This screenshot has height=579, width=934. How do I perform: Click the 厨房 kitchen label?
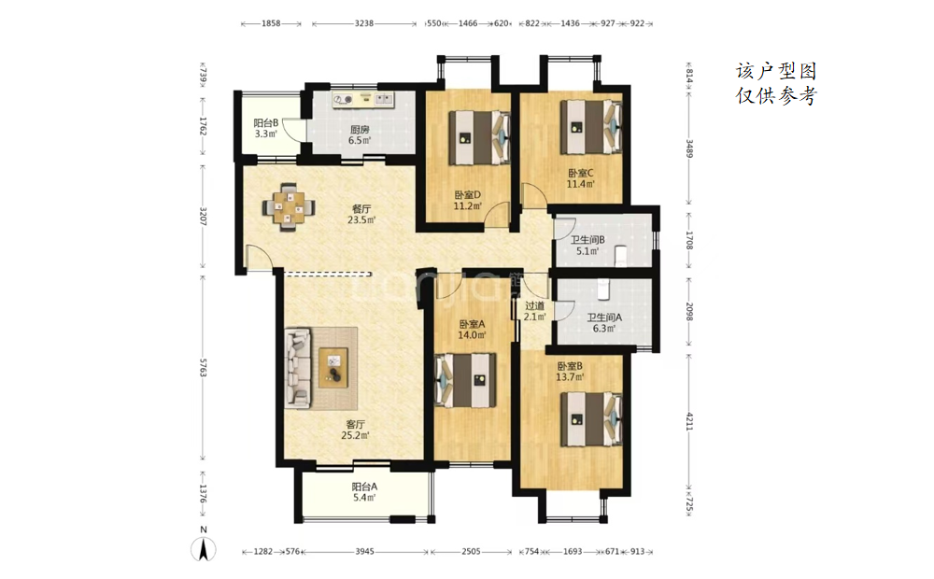(x=360, y=129)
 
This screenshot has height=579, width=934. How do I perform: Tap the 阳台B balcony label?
(x=265, y=122)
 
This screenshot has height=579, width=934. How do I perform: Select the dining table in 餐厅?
(x=289, y=207)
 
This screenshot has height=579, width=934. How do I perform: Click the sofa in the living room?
(x=299, y=368)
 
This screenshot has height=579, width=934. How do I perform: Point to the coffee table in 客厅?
(x=333, y=368)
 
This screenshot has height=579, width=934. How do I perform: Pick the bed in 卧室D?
(x=479, y=137)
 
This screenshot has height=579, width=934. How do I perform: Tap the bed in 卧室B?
(x=591, y=418)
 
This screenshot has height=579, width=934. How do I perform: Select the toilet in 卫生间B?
(x=620, y=254)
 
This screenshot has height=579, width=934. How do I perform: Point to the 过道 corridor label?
(x=534, y=306)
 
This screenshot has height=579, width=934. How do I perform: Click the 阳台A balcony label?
(x=364, y=486)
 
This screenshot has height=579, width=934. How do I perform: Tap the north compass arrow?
(x=203, y=548)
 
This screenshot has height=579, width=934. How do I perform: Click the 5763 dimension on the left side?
(x=203, y=368)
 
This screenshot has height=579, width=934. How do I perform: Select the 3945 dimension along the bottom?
(x=364, y=552)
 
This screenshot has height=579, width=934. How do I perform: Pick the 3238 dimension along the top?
(x=364, y=24)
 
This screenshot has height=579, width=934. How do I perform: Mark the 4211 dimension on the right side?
(x=689, y=421)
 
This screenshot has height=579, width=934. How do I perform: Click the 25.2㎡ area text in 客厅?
(x=355, y=435)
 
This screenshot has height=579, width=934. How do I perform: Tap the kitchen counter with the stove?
(x=363, y=100)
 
